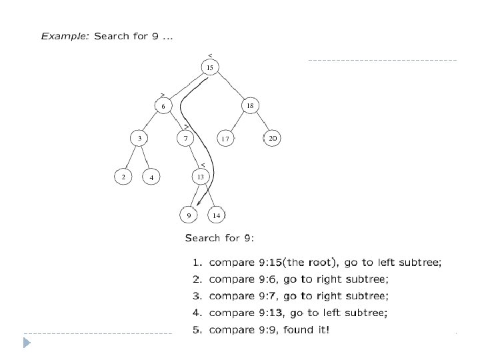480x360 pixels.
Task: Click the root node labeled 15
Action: [210, 67]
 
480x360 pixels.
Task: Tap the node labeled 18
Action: [249, 105]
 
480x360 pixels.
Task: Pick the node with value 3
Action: [139, 138]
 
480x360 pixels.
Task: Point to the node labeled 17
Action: [225, 139]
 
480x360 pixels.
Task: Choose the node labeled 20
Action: [272, 138]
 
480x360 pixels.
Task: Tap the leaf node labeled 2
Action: [123, 177]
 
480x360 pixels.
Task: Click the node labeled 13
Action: [200, 177]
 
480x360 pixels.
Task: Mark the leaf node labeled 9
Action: [189, 215]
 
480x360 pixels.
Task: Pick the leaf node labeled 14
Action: [217, 215]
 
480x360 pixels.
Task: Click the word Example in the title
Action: [65, 36]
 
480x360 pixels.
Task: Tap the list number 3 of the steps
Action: [197, 296]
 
